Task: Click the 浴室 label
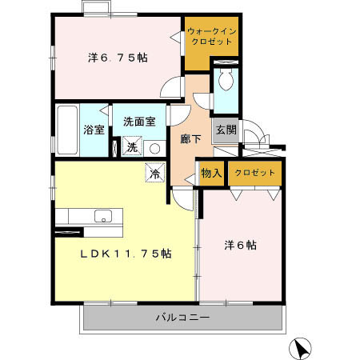tap(94, 130)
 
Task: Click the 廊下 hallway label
tap(190, 138)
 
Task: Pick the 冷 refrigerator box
tap(155, 172)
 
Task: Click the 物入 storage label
tap(210, 174)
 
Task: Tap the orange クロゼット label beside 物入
tap(254, 174)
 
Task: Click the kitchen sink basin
tap(102, 215)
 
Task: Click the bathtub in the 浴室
tap(68, 128)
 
